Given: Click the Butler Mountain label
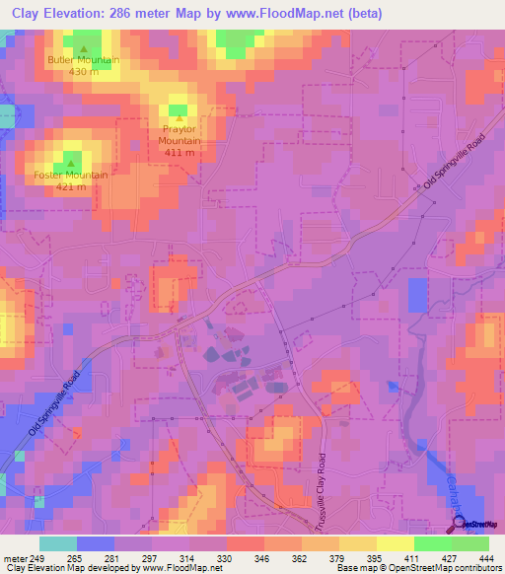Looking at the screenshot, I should click(x=83, y=60).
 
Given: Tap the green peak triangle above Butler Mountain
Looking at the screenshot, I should click(x=83, y=48).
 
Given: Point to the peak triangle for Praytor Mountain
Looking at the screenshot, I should click(x=179, y=117).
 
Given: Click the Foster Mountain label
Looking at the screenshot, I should click(x=71, y=176).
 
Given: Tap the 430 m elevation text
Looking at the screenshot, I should click(x=83, y=72).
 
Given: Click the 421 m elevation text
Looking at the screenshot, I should click(x=71, y=187).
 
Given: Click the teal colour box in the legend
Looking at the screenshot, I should click(x=58, y=543).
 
